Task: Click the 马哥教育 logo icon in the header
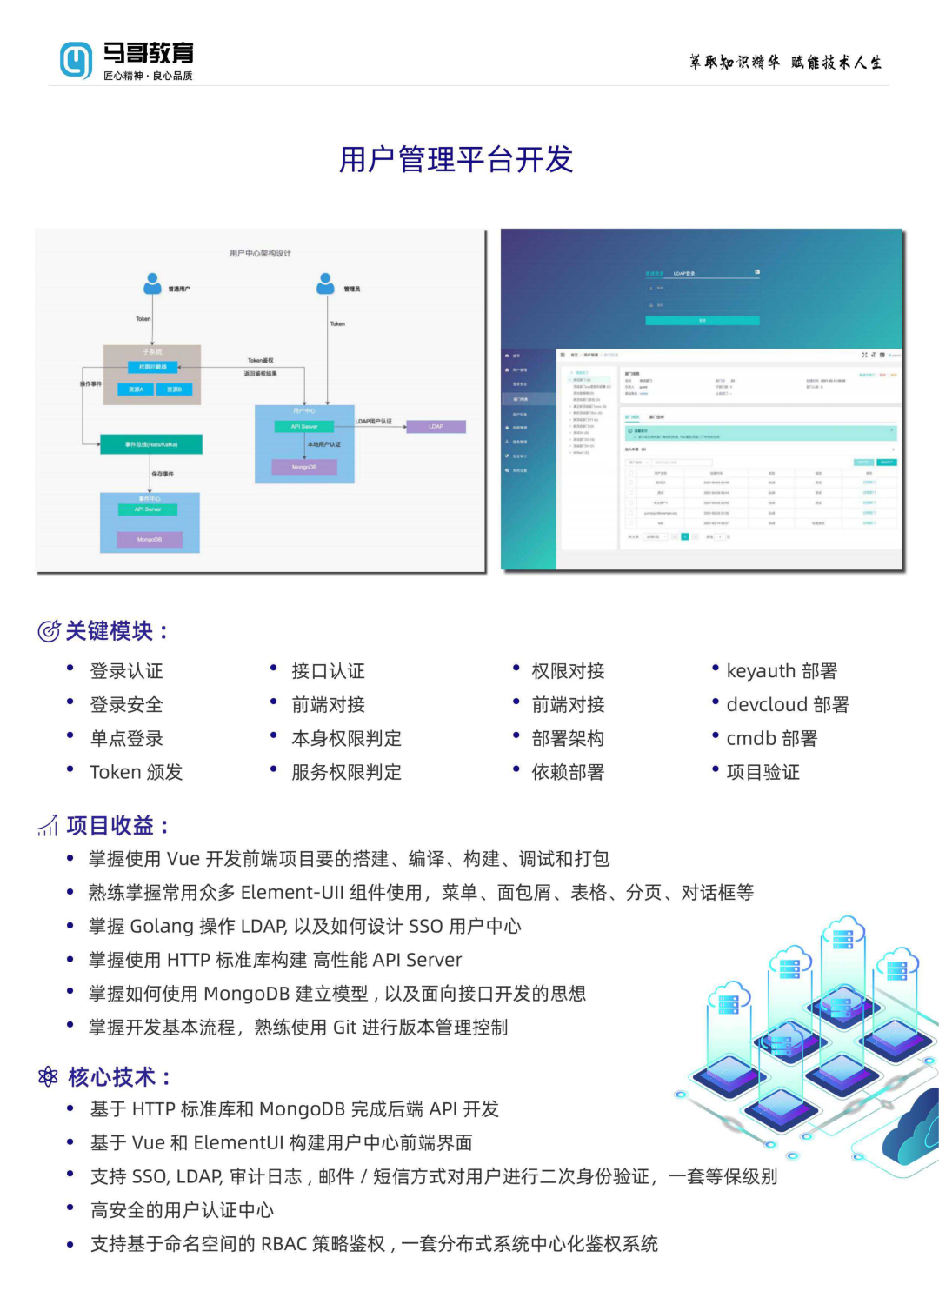(76, 60)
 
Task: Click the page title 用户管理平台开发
(456, 159)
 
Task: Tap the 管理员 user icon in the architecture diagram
(326, 283)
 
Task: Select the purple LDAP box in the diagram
(436, 426)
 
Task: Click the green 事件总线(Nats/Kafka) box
(151, 444)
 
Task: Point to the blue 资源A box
(137, 389)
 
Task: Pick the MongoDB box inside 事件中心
(150, 540)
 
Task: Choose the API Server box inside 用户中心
(304, 426)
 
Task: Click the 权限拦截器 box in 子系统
(153, 367)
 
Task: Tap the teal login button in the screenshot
(703, 321)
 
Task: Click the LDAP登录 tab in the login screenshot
(684, 273)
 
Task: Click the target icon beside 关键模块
(49, 631)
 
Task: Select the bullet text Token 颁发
(137, 772)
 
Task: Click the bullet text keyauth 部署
(782, 671)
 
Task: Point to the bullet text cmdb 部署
(772, 739)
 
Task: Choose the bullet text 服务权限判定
(347, 772)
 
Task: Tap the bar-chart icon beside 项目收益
(48, 826)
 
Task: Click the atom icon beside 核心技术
(49, 1077)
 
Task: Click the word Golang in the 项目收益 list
(162, 927)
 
